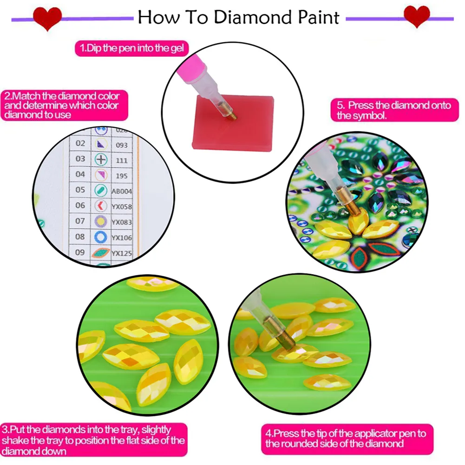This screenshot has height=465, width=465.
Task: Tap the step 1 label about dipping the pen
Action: point(131,48)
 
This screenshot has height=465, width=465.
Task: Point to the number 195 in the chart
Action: point(122,175)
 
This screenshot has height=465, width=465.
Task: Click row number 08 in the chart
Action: point(80,236)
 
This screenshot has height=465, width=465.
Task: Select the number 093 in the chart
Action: point(122,145)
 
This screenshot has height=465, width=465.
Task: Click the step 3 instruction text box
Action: point(94,439)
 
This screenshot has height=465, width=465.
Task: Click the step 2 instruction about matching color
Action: point(62,105)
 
